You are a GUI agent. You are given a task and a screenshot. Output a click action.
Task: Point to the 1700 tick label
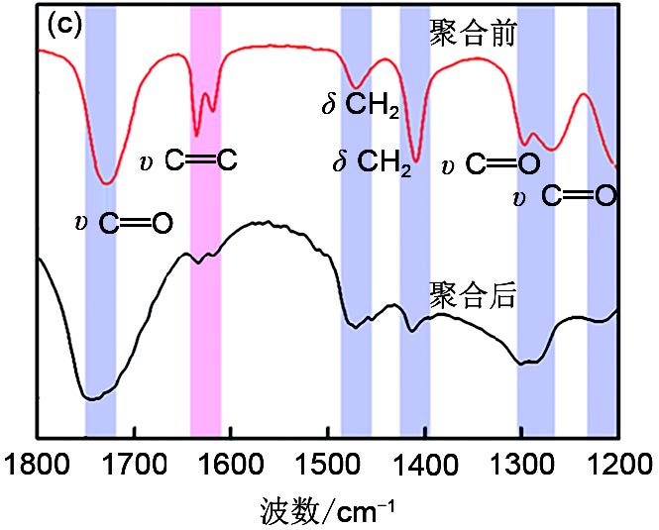134,464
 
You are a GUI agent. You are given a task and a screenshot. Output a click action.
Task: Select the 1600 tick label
231,464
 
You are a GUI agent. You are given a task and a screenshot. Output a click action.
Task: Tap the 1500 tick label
328,464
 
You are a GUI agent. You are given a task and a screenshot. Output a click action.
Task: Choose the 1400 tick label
425,464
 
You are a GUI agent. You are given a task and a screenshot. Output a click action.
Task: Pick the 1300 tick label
521,464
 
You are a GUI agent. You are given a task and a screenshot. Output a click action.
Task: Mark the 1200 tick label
616,464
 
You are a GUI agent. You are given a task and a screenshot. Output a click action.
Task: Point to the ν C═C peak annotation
187,159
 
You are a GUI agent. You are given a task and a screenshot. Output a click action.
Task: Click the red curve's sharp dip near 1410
416,160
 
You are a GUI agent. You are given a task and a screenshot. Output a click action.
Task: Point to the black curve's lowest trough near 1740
92,399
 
